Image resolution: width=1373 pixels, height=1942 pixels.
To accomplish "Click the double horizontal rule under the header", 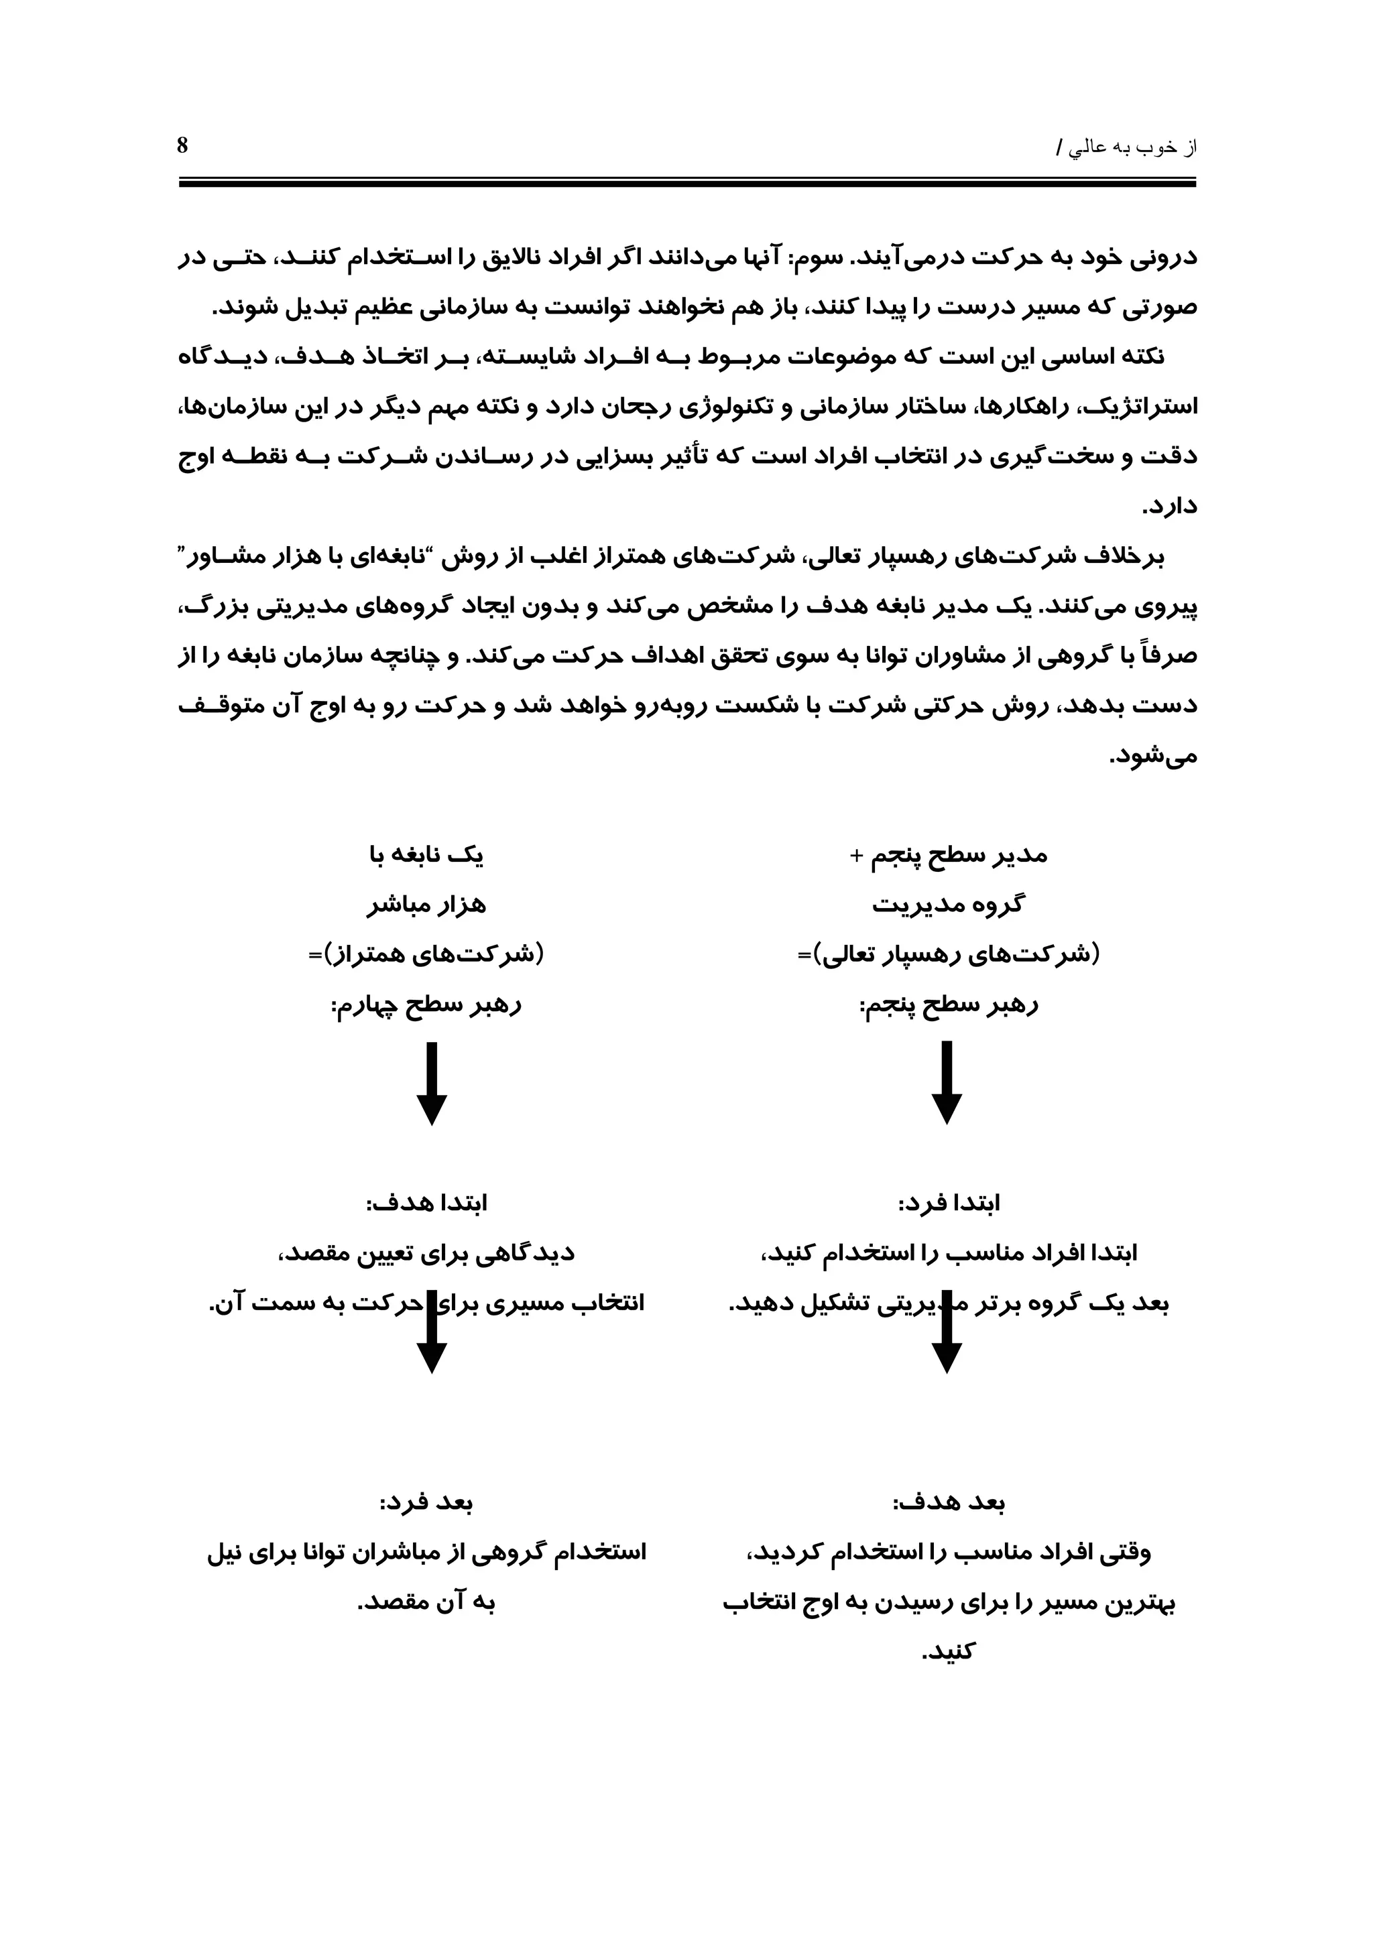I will pos(687,182).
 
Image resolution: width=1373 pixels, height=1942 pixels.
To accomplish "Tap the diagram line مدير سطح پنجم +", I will pos(949,856).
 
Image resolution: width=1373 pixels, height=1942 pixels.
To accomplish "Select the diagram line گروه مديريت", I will pos(949,906).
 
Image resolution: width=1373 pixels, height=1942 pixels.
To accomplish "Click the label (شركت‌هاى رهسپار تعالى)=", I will pos(949,955).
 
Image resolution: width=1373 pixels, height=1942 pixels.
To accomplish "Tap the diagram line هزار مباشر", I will pos(426,906).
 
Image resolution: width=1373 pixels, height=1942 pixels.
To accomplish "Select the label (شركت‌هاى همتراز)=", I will pos(426,955).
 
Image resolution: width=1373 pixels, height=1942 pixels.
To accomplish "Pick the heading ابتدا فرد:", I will pos(949,1204).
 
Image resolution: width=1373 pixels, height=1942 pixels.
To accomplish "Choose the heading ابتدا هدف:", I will pos(426,1204).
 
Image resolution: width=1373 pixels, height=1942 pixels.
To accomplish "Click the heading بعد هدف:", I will pos(949,1503).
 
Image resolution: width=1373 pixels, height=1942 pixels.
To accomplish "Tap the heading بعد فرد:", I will pos(426,1503).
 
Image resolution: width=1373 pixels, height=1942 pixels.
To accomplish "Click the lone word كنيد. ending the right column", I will pos(949,1652).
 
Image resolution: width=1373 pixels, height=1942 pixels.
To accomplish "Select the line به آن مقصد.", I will pos(426,1603).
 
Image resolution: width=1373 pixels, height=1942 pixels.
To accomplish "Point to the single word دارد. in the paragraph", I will pos(1169,507).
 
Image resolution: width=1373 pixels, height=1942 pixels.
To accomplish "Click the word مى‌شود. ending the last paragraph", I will pos(1154,756).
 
